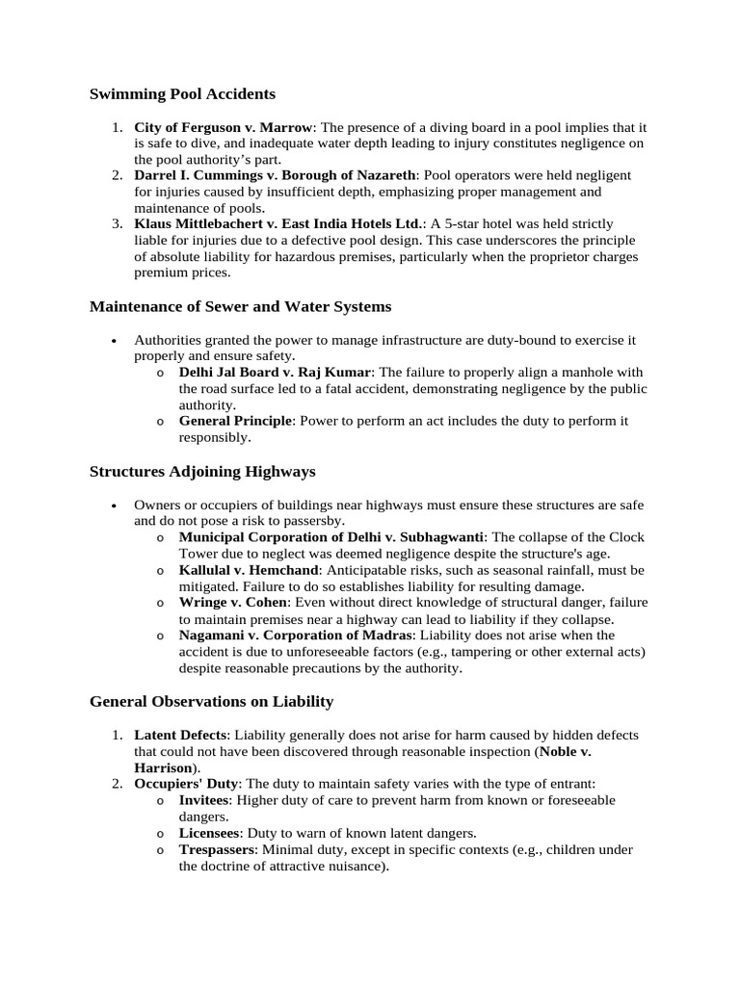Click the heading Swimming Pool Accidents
[182, 93]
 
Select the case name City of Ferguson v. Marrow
[224, 127]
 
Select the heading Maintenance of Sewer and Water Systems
[240, 306]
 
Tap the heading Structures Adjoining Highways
[202, 471]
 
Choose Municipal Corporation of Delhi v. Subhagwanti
[332, 537]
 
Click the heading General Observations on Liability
[211, 701]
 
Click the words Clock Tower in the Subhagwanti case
[624, 537]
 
